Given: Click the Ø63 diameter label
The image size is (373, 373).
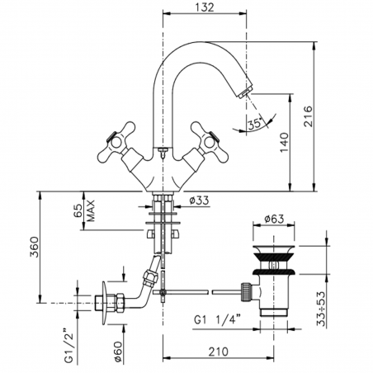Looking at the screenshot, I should pyautogui.click(x=276, y=220).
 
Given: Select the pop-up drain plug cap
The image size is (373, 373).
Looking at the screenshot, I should pyautogui.click(x=276, y=247).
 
